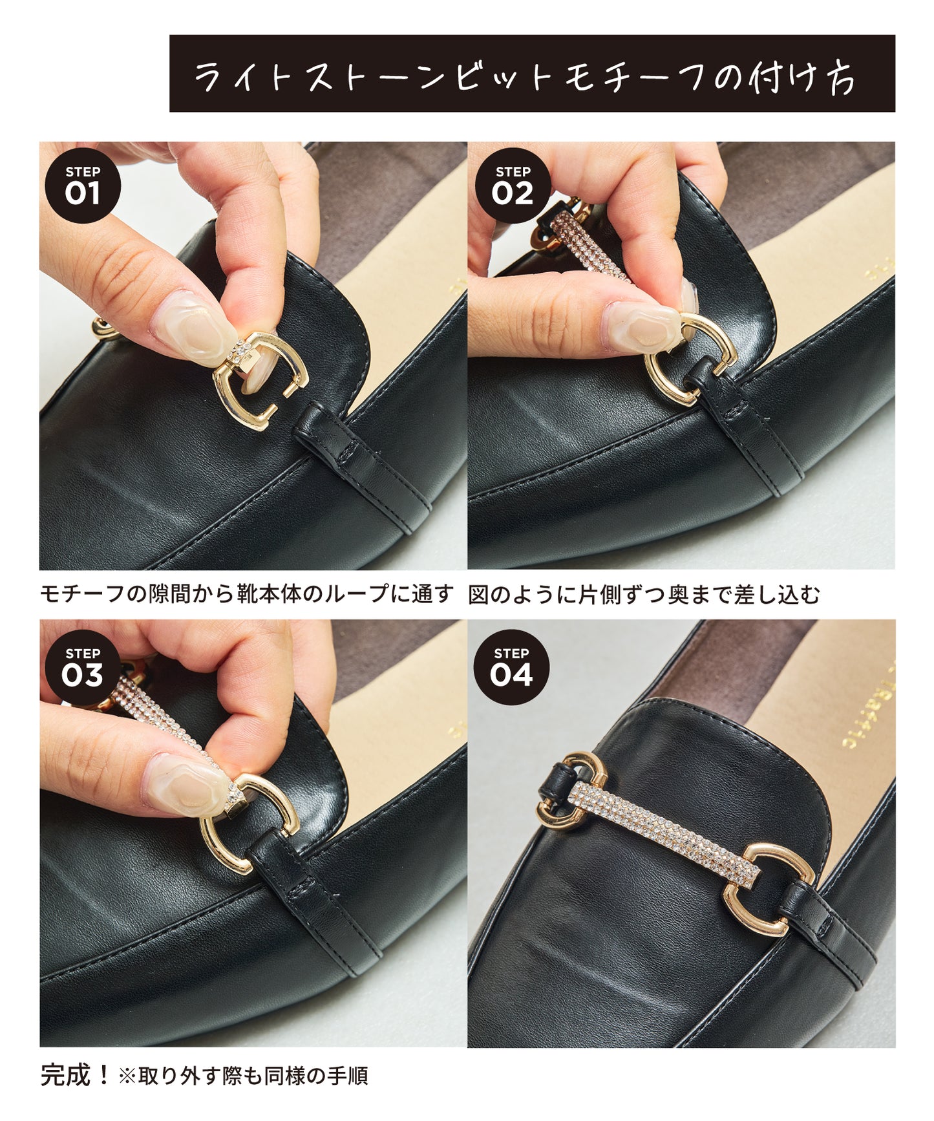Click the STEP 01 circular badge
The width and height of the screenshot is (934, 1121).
click(x=83, y=186)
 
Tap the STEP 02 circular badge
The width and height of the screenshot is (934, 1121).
click(x=513, y=186)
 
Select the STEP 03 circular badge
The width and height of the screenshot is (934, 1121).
click(x=83, y=667)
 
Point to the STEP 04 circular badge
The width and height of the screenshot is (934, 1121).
click(x=511, y=667)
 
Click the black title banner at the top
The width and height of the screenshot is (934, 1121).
click(x=532, y=73)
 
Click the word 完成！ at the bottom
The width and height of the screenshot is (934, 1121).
click(x=76, y=1075)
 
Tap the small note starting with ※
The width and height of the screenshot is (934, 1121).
click(x=243, y=1076)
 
